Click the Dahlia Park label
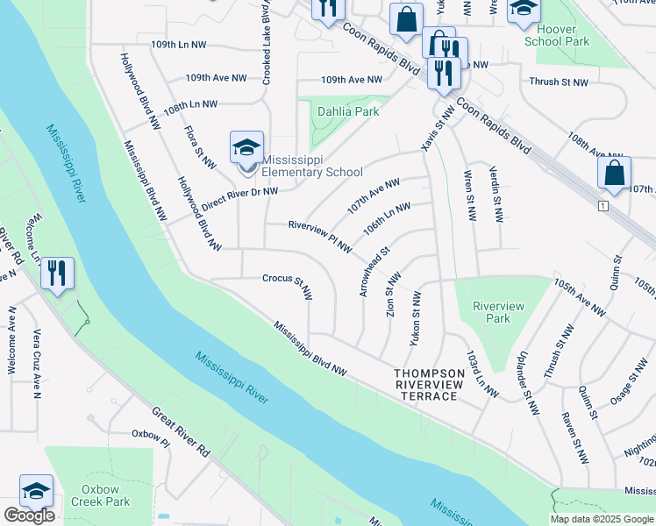(350, 111)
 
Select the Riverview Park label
(498, 312)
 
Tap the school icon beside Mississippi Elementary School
(246, 147)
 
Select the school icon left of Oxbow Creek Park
(36, 491)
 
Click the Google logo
(29, 515)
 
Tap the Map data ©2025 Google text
(602, 519)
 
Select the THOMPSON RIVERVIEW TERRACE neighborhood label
(425, 385)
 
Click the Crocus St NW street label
(288, 285)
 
